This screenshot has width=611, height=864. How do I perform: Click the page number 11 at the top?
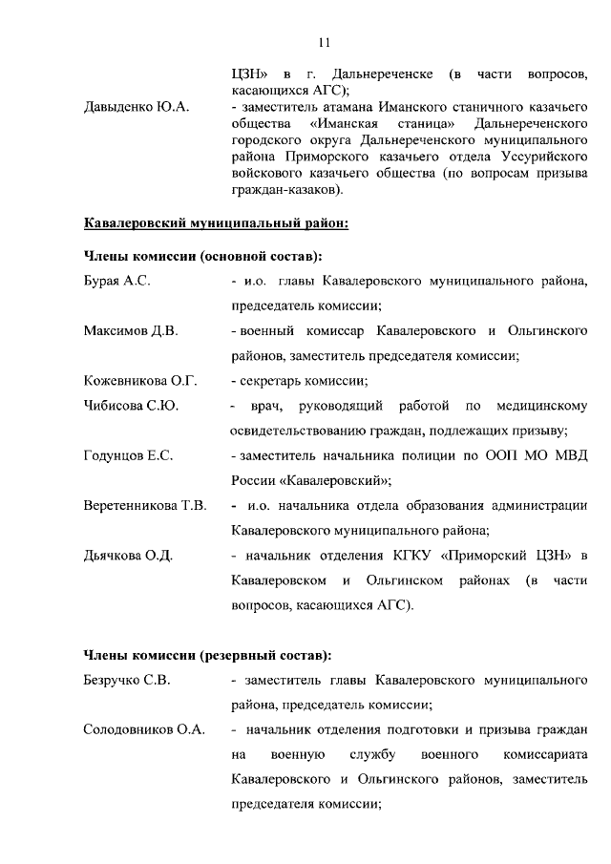[x=324, y=42]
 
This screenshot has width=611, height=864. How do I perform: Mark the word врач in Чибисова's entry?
[x=263, y=406]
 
